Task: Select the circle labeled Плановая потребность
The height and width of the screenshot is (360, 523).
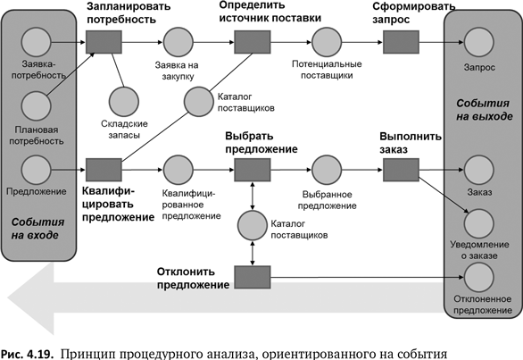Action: (x=36, y=105)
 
